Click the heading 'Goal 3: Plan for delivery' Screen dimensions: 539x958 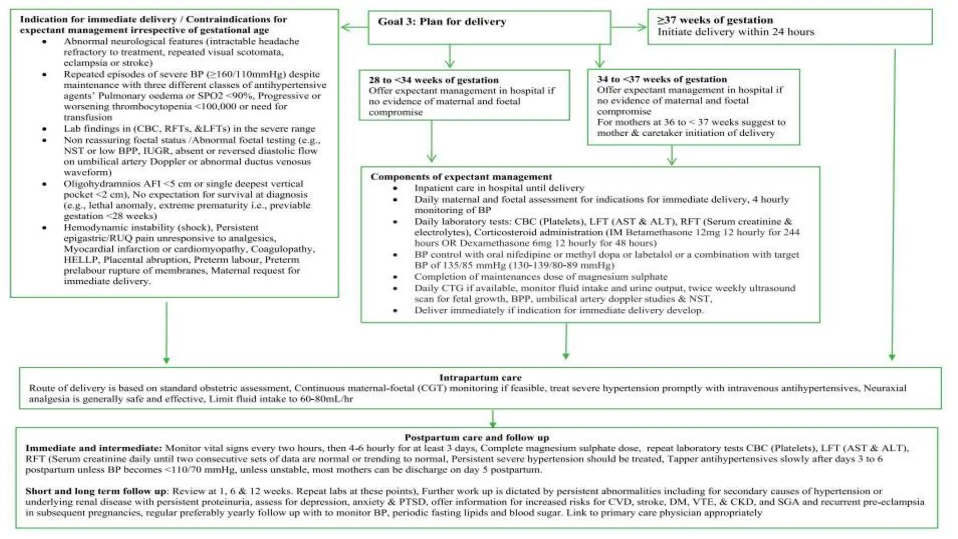pos(442,22)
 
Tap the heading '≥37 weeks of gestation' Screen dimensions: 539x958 pos(715,20)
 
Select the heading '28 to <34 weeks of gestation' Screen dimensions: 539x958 pos(433,80)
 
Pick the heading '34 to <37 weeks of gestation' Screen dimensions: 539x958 pos(661,79)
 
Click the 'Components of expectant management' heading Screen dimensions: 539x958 pos(461,177)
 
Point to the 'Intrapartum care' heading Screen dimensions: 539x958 pos(480,378)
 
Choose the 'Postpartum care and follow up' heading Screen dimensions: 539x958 pos(476,437)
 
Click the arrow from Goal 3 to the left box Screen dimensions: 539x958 pos(354,27)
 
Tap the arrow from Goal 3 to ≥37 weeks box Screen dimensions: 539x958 pos(629,27)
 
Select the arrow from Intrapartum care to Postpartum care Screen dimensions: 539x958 pos(493,418)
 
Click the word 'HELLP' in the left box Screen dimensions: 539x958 pos(81,260)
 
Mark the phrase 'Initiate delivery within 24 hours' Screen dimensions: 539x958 pos(735,32)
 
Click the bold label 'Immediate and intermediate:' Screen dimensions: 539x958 pos(94,448)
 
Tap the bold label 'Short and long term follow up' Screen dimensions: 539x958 pos(96,491)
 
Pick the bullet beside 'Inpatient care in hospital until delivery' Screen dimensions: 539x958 pos(395,188)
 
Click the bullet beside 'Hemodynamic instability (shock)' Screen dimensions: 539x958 pos(44,228)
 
